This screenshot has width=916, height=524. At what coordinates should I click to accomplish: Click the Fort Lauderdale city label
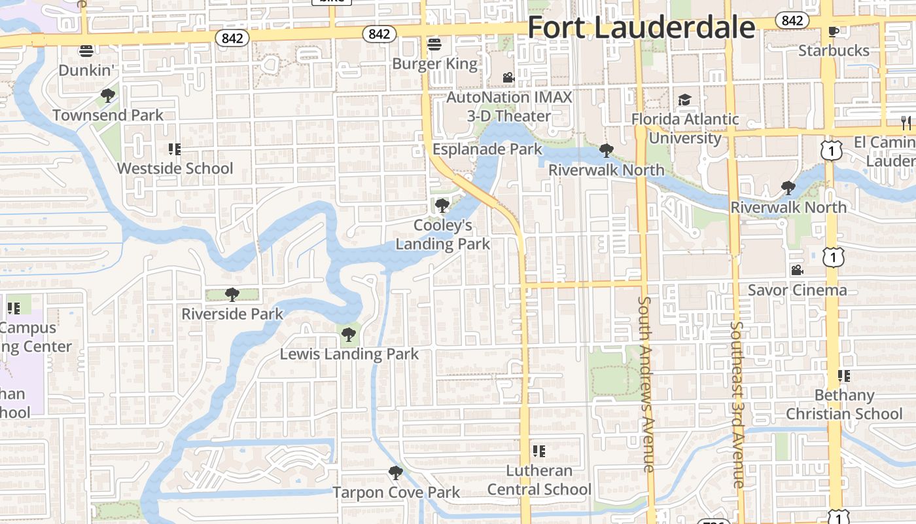[641, 28]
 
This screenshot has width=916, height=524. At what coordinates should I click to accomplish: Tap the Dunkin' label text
[86, 69]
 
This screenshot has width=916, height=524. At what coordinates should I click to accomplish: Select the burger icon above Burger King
[434, 45]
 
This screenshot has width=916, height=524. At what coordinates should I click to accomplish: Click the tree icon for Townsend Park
[108, 96]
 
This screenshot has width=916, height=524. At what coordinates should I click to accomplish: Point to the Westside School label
[175, 168]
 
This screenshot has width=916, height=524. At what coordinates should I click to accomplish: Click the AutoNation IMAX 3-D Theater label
[508, 107]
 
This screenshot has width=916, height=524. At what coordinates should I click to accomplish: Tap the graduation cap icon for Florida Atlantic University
[684, 100]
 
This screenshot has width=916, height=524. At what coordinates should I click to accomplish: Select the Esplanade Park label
[487, 149]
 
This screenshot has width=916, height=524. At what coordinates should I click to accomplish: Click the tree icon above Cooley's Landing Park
[442, 205]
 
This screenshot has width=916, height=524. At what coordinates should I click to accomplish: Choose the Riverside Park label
[232, 314]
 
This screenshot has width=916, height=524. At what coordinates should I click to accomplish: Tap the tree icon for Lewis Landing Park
[349, 335]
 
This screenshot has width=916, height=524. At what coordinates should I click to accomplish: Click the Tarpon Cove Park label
[396, 492]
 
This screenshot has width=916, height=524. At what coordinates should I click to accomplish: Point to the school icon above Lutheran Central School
[538, 451]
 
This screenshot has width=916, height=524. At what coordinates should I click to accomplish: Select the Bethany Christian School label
[844, 404]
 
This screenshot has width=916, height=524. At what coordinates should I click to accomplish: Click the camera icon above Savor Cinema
[797, 270]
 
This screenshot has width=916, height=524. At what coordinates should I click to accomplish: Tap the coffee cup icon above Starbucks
[833, 31]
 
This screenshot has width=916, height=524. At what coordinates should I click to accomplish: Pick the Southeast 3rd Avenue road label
[738, 404]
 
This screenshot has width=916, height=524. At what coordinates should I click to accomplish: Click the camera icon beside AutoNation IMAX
[508, 77]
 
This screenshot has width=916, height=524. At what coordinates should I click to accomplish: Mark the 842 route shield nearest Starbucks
[792, 20]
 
